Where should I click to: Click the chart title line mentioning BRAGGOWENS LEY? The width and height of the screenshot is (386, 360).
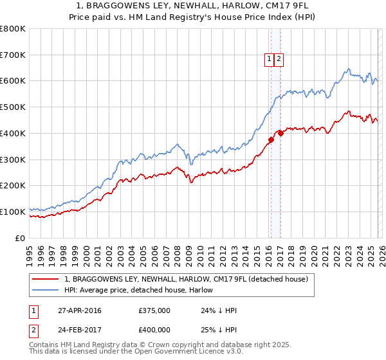[193, 6]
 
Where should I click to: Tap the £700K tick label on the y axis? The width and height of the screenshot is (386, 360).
[13, 55]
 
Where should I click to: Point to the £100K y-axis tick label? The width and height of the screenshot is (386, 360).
[13, 212]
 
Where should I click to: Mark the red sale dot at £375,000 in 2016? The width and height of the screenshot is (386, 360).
[271, 139]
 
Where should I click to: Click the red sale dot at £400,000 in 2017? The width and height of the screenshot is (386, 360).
[280, 133]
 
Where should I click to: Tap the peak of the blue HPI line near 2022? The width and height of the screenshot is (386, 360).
[347, 69]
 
